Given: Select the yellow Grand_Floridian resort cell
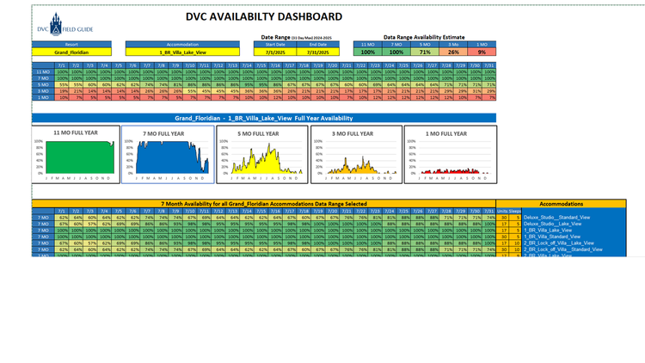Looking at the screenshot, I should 73,52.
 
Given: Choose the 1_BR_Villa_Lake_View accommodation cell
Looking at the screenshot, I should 182,52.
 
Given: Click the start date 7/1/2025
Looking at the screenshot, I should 275,52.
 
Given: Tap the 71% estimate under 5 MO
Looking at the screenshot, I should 425,52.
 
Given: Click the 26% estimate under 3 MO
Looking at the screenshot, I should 453,52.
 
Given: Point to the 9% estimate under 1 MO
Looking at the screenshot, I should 482,52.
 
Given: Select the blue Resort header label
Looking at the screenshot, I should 73,44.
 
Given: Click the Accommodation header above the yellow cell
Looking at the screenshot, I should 182,44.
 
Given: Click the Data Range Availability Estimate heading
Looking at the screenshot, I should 425,37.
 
